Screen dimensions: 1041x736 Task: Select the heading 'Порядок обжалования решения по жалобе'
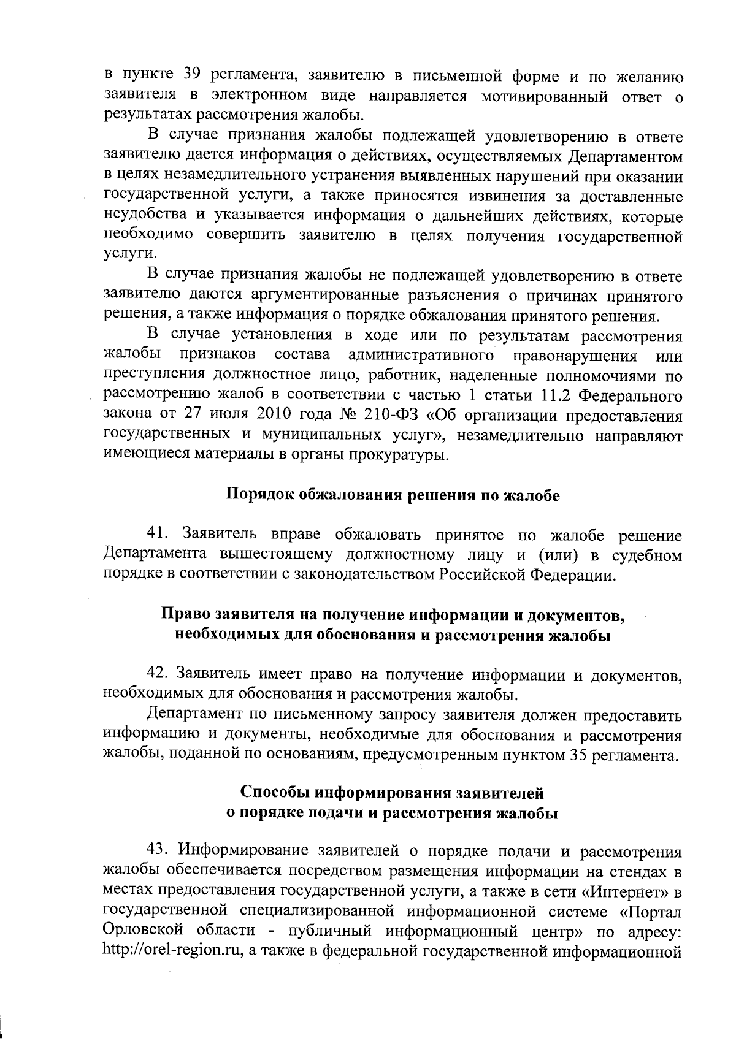click(x=393, y=495)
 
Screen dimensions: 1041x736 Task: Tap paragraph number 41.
click(x=158, y=535)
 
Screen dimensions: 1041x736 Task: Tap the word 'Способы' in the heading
click(x=275, y=793)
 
